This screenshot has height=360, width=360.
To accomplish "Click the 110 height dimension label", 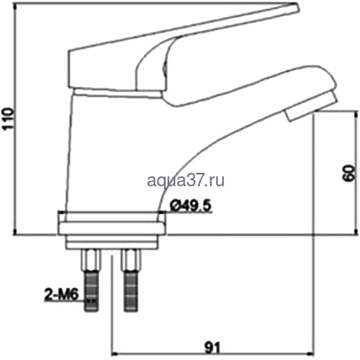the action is [8, 119].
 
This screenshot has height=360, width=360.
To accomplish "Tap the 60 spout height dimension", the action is [349, 173].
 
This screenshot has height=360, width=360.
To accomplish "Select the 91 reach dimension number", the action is [212, 347].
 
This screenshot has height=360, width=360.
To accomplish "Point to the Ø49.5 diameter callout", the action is [191, 206].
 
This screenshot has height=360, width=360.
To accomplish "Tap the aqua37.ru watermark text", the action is [186, 181].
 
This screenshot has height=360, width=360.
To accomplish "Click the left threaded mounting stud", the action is [91, 291].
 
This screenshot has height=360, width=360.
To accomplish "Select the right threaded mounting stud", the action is [130, 291].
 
